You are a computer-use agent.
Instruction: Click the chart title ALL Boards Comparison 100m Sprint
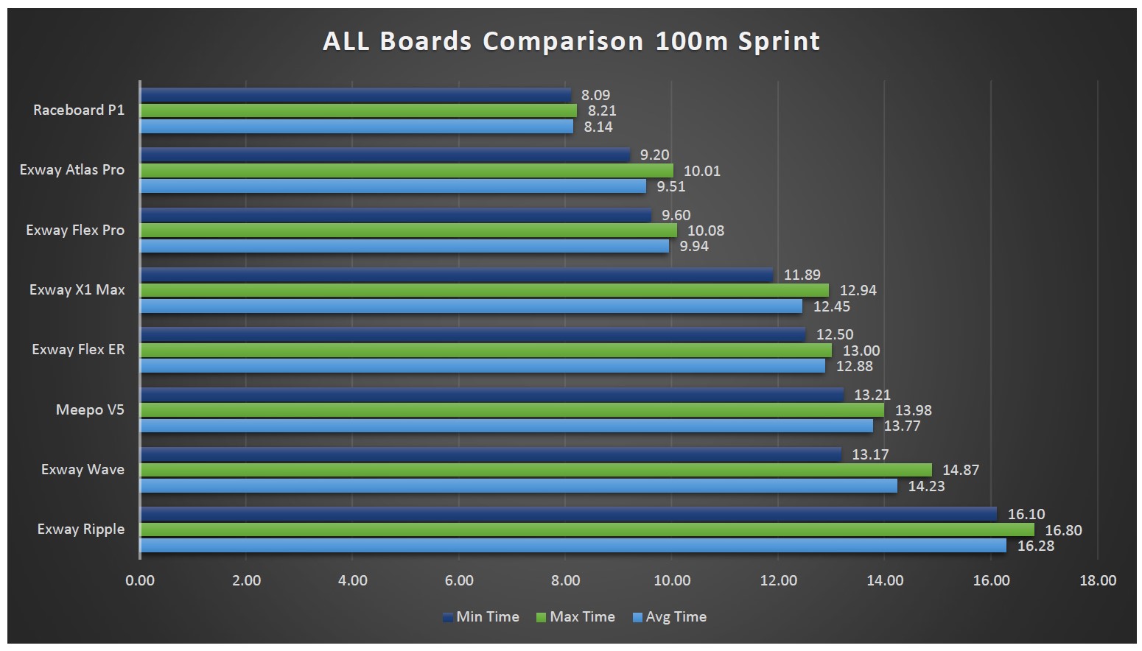[571, 41]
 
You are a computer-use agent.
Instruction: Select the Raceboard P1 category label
[79, 110]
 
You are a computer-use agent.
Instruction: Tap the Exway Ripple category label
[81, 529]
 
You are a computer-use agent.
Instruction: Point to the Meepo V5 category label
[90, 410]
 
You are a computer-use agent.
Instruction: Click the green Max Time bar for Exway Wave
[536, 470]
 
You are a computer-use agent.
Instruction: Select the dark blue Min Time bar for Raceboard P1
[355, 95]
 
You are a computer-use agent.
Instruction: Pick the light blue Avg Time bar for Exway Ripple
[572, 546]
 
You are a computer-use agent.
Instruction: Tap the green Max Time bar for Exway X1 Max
[484, 290]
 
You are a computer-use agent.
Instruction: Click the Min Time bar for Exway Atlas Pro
[385, 155]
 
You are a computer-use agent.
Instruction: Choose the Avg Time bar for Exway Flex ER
[483, 366]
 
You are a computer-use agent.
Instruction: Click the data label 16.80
[1063, 530]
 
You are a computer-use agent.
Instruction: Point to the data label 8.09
[595, 95]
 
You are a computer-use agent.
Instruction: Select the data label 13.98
[914, 410]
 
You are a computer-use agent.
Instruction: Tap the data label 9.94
[694, 246]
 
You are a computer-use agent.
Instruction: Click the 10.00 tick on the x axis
[672, 580]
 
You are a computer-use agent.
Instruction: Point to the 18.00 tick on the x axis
[1098, 580]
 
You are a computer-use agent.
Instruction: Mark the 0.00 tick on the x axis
[140, 580]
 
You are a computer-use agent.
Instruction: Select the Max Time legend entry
[575, 617]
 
